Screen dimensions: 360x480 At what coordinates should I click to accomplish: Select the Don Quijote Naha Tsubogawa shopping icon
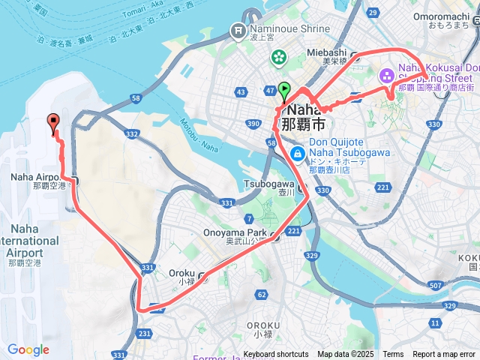tap(298, 154)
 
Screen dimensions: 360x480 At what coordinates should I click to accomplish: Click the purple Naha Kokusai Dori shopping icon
tap(387, 75)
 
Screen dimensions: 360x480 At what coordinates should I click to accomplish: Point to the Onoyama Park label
tap(235, 232)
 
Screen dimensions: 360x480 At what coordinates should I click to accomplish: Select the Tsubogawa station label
tap(268, 184)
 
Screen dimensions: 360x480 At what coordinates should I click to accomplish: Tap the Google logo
tap(28, 349)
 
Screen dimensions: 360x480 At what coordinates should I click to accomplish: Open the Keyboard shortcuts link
tap(275, 355)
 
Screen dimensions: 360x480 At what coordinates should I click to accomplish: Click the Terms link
tap(393, 355)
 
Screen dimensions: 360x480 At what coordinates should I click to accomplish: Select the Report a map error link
tap(443, 355)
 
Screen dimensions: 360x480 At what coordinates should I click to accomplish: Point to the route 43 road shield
tap(241, 92)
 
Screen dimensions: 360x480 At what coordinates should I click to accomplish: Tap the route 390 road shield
tap(253, 123)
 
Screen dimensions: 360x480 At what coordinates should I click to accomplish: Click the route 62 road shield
tap(261, 295)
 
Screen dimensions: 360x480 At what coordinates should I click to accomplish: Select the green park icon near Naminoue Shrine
tap(279, 56)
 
